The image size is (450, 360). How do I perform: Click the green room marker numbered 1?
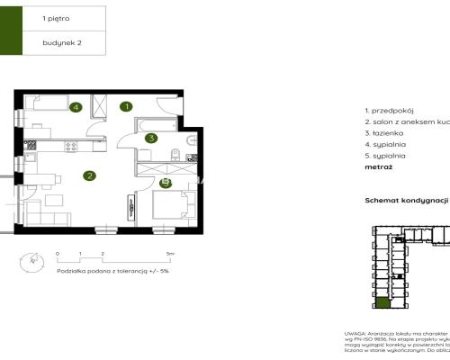pyautogui.click(x=127, y=106)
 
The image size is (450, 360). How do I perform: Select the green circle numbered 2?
pyautogui.click(x=89, y=175)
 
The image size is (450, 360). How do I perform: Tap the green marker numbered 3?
pyautogui.click(x=152, y=138)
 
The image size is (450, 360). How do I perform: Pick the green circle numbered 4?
pyautogui.click(x=76, y=107)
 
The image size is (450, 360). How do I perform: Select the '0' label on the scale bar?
pyautogui.click(x=57, y=255)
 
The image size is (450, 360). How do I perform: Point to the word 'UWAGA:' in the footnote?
pyautogui.click(x=355, y=333)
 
